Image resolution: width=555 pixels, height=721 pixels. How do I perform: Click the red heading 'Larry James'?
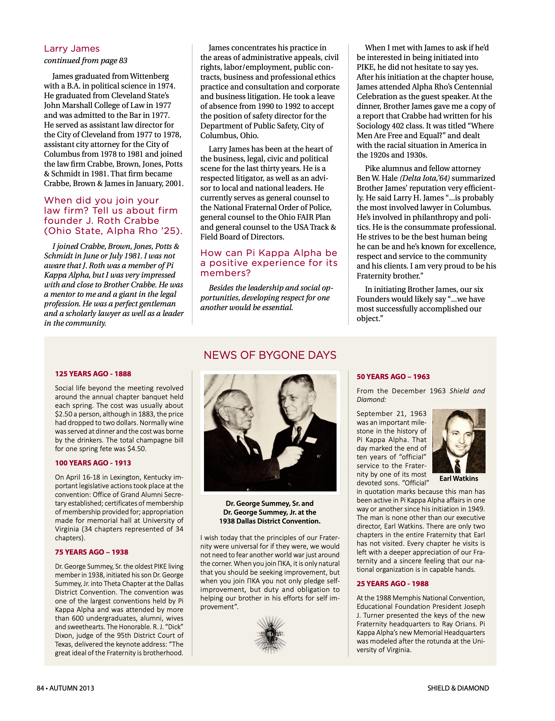(72, 49)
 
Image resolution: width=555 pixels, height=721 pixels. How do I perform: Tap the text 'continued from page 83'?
(85, 60)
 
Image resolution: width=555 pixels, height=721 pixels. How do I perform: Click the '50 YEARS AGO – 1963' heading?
(393, 377)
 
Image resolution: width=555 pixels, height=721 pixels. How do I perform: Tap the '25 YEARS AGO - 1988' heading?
(392, 584)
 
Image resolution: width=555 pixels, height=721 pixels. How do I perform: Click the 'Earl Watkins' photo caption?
(458, 478)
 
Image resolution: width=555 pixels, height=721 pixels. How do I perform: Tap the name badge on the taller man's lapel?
(311, 440)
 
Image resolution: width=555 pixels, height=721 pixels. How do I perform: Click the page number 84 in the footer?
(40, 688)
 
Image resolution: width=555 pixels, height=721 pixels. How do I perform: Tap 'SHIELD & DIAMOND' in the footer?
(458, 688)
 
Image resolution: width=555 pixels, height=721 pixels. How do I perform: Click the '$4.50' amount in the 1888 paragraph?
(137, 449)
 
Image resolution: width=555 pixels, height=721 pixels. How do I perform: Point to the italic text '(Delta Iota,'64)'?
(425, 178)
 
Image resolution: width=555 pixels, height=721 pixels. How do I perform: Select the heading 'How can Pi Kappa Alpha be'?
(269, 253)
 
